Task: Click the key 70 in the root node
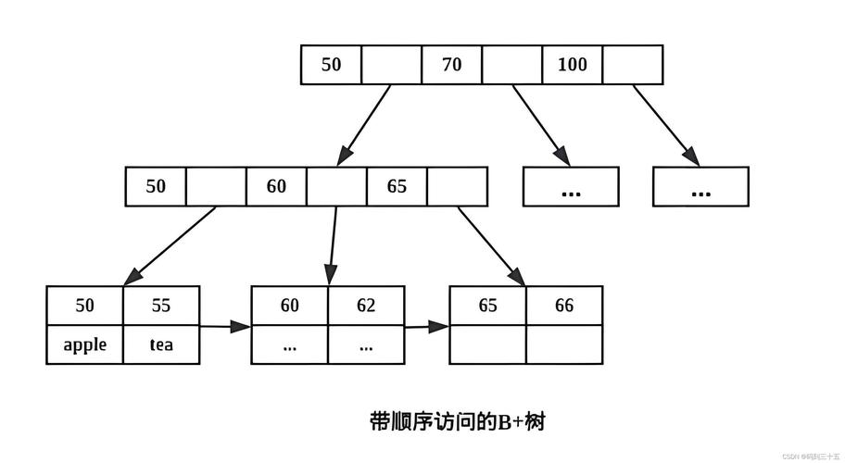[x=451, y=65]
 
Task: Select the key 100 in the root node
[x=572, y=65]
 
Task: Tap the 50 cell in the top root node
[x=331, y=65]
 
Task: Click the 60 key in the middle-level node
[x=276, y=186]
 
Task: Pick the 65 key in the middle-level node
[x=397, y=186]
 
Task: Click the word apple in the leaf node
[x=84, y=345]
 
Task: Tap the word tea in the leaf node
[x=161, y=345]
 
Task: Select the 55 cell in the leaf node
[x=161, y=306]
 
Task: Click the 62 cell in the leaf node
[x=366, y=306]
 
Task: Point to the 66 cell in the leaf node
[x=564, y=306]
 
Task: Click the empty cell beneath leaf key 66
[x=564, y=345]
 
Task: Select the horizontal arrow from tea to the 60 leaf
[x=225, y=326]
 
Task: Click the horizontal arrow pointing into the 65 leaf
[x=427, y=326]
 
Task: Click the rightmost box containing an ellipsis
[x=700, y=187]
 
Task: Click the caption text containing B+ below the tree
[x=458, y=422]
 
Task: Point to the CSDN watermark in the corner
[x=810, y=457]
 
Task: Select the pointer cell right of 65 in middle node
[x=457, y=186]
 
